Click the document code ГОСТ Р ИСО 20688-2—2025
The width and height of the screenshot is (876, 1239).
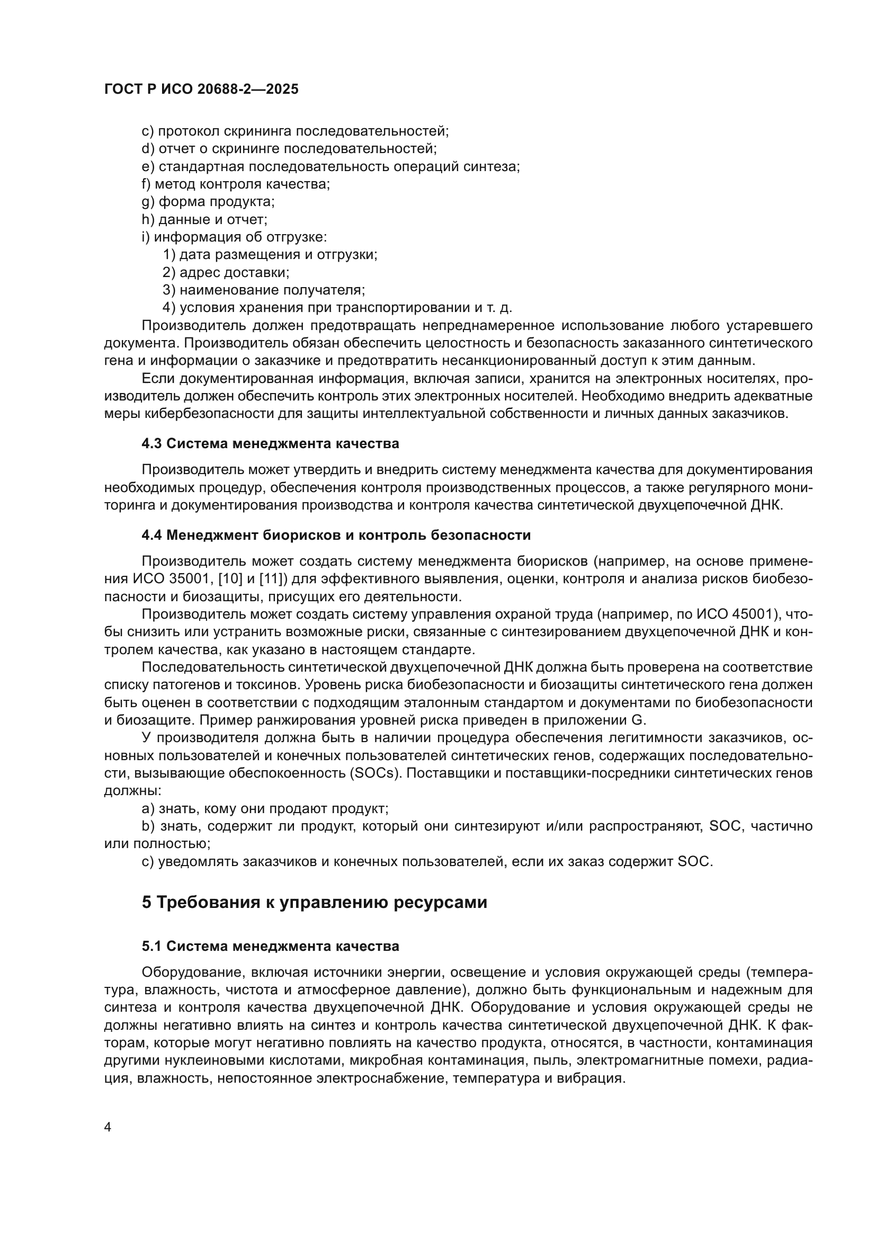tap(201, 90)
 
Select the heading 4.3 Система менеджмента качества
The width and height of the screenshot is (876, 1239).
tap(270, 443)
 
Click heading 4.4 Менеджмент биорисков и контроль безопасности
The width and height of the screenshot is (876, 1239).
tap(336, 536)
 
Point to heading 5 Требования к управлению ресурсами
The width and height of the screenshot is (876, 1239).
tap(315, 902)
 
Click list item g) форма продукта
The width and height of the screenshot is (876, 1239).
tap(208, 202)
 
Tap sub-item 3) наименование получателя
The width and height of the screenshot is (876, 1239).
tap(264, 290)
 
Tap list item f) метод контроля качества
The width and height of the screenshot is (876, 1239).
tap(236, 184)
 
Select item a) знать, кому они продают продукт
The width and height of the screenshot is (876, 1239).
tap(265, 808)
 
